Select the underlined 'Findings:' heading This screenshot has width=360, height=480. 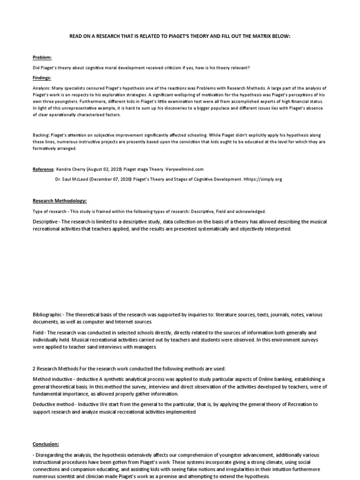pos(42,78)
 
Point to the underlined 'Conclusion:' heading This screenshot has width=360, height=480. pos(46,443)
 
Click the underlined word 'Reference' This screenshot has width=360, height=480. pos(44,169)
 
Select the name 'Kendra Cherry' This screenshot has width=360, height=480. pos(72,169)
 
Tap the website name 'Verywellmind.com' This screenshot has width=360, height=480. pos(185,169)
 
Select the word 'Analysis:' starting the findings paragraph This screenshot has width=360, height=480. pos(42,88)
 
